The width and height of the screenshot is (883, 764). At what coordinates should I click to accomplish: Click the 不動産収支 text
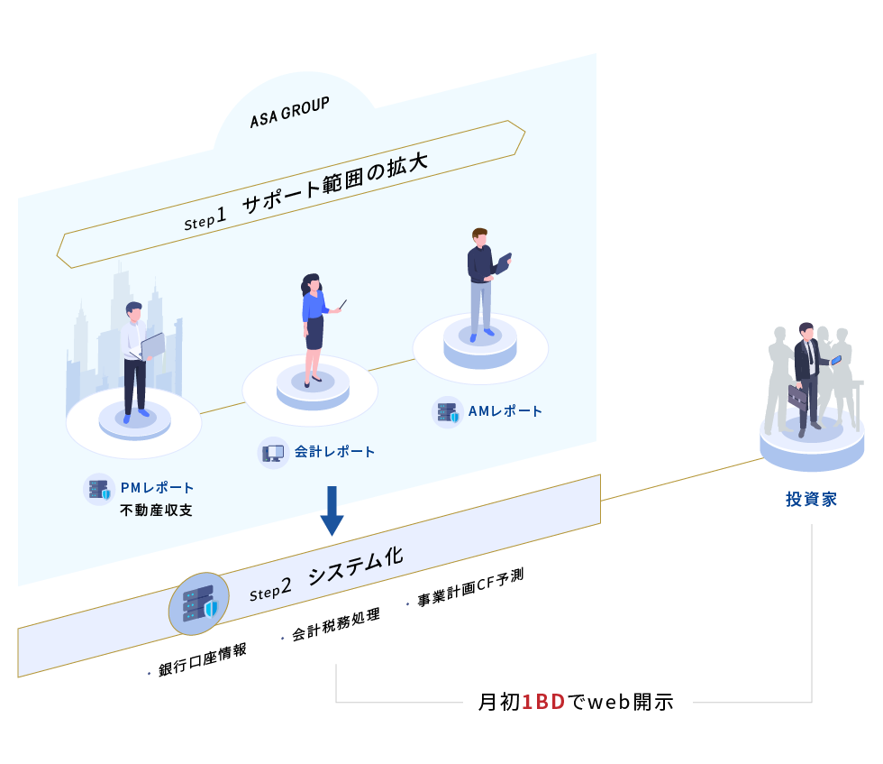(x=156, y=511)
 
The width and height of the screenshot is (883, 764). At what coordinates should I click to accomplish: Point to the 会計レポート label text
(x=334, y=451)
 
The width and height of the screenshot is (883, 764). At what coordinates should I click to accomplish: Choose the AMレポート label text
(x=505, y=411)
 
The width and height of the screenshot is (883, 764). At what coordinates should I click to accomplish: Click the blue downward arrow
(x=332, y=511)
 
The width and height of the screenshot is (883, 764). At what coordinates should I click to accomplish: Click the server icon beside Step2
(x=199, y=603)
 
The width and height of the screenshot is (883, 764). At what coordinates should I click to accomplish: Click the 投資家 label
(x=811, y=499)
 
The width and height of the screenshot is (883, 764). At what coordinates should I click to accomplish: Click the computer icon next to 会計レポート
(x=273, y=452)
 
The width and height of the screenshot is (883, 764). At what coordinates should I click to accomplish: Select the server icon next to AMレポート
(x=447, y=412)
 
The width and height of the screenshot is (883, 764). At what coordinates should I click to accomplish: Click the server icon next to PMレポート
(x=98, y=489)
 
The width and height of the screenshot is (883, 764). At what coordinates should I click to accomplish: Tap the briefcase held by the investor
(x=798, y=397)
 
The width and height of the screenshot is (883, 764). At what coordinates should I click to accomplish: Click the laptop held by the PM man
(x=152, y=345)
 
